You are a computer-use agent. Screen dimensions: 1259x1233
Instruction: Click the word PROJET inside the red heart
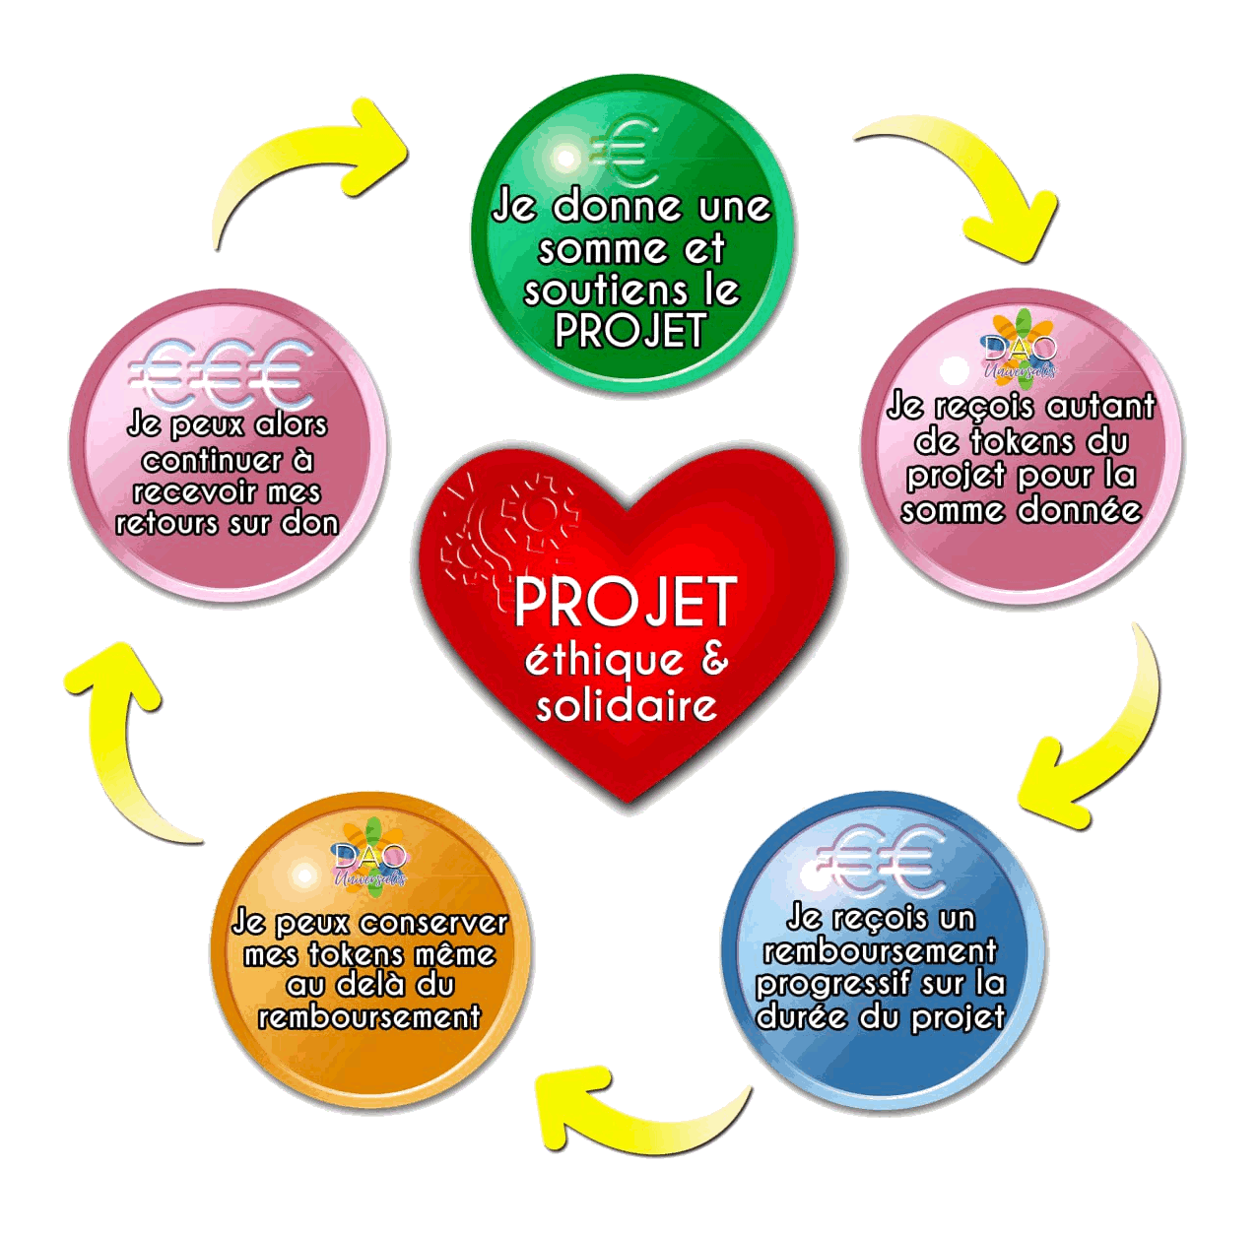tap(626, 602)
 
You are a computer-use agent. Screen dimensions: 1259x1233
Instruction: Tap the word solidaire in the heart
tap(627, 705)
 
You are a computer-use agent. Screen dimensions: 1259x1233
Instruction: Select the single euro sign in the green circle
tap(624, 152)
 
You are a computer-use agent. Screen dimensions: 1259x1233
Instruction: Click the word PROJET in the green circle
tap(630, 331)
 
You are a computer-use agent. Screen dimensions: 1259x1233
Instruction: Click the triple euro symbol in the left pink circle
tap(221, 373)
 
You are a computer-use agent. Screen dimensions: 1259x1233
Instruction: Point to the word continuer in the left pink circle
tap(200, 461)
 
